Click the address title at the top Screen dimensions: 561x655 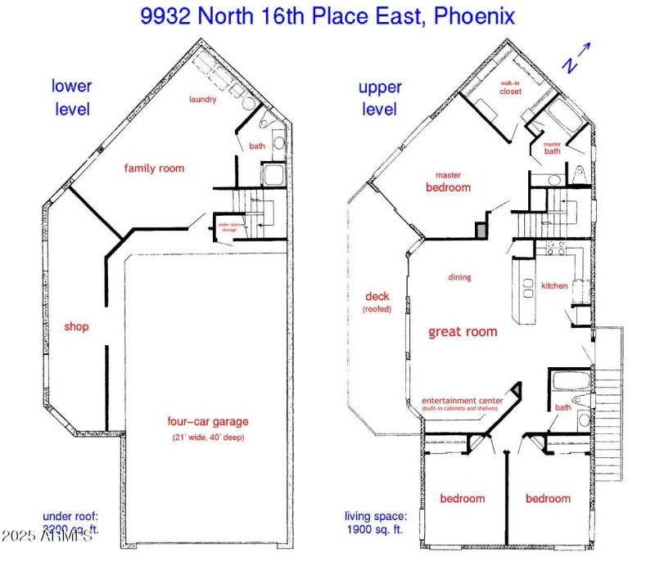click(327, 16)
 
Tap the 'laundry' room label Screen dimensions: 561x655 click(202, 100)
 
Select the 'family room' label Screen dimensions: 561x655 click(154, 168)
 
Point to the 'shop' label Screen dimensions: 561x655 click(76, 327)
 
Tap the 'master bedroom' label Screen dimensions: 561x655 click(448, 182)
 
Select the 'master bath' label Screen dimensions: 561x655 click(552, 147)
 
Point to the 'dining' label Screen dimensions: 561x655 click(459, 277)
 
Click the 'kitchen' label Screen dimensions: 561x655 click(554, 285)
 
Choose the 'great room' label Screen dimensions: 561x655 click(463, 332)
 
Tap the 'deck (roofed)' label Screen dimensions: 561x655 click(377, 303)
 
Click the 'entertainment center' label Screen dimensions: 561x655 click(462, 400)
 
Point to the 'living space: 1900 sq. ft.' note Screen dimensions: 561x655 click(375, 523)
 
